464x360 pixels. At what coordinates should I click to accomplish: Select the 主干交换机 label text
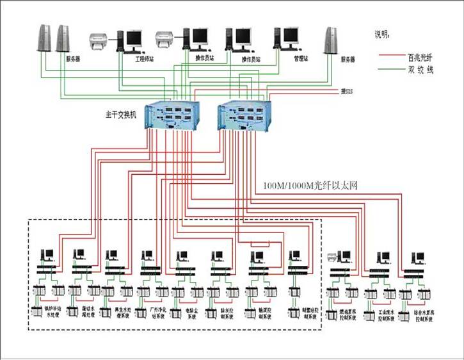(121, 116)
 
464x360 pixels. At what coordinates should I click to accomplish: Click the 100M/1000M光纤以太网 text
(310, 186)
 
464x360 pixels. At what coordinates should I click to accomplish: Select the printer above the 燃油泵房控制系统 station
(332, 258)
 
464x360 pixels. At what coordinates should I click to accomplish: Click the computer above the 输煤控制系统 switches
(258, 255)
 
